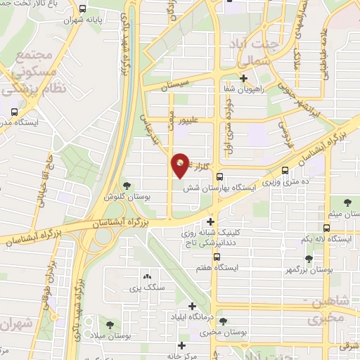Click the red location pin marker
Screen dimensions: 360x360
[180, 165]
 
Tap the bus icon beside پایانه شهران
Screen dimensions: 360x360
[83, 10]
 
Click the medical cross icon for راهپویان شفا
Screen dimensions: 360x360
[243, 78]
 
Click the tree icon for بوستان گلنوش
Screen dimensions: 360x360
[127, 186]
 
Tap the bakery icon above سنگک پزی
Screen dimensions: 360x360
[147, 276]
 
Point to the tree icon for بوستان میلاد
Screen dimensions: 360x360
[110, 323]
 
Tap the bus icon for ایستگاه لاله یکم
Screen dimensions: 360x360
[326, 228]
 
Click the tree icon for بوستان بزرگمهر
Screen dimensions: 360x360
[309, 258]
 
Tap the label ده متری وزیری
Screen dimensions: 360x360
[281, 181]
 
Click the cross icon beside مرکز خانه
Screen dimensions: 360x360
[182, 345]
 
